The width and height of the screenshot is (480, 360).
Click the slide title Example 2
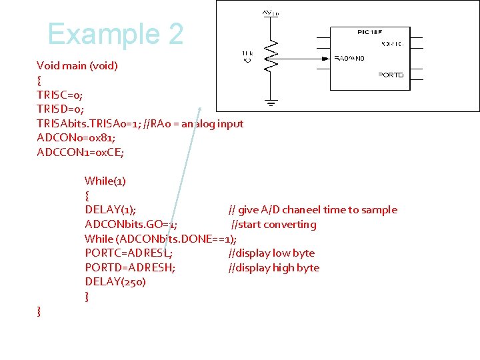click(115, 34)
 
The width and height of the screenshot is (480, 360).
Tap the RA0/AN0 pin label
click(349, 59)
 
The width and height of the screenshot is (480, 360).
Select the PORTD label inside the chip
click(391, 75)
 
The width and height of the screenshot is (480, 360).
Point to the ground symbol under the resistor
click(271, 103)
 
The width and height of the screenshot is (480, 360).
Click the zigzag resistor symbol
click(271, 57)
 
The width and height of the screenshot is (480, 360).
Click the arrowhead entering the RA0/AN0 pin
click(328, 59)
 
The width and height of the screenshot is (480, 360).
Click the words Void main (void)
click(77, 65)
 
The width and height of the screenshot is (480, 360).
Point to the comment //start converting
click(273, 225)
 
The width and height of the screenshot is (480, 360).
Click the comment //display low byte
click(271, 253)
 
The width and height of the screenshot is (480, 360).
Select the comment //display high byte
click(273, 268)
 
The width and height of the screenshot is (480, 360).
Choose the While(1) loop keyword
click(105, 181)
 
